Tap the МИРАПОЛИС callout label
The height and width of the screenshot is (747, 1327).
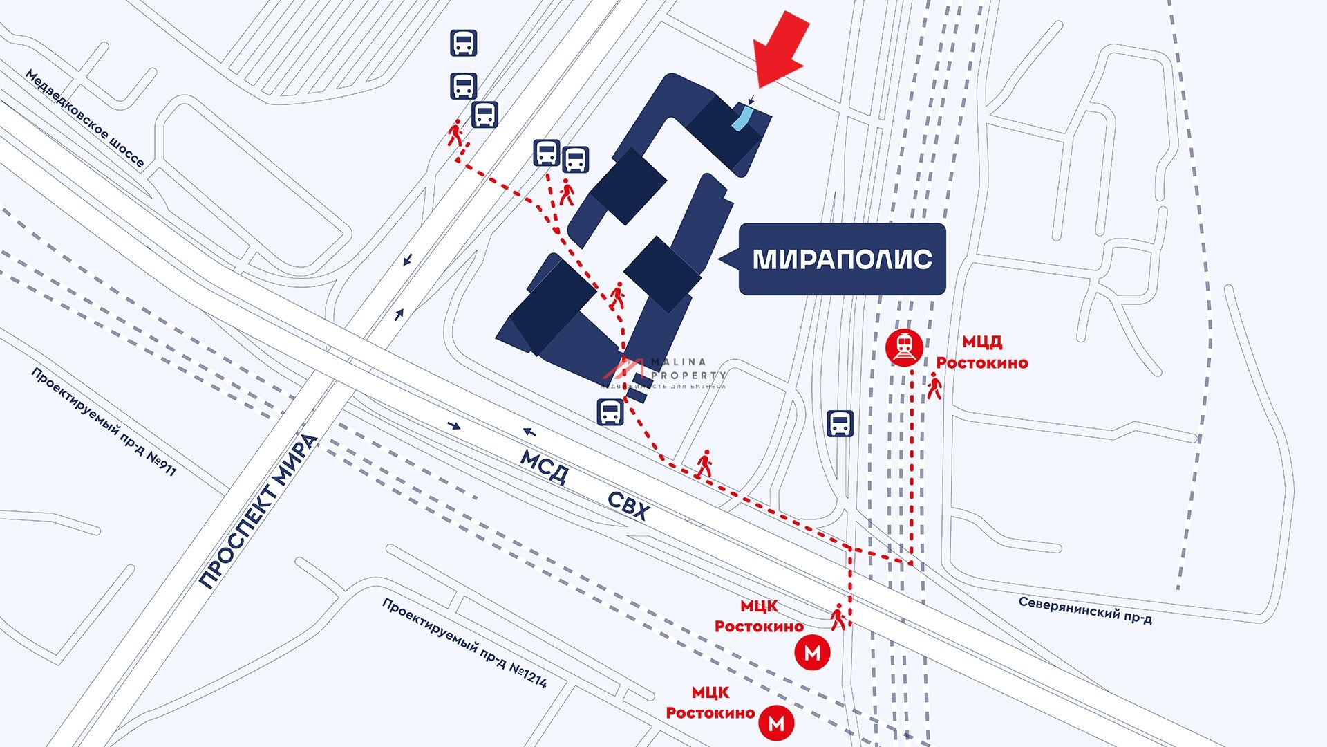pos(842,259)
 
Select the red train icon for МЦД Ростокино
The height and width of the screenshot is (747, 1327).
pos(904,347)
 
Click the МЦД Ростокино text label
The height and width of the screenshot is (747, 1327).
pos(982,352)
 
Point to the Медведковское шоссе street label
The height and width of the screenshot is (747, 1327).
pos(85,118)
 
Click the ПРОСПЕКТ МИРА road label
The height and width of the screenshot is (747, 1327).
pos(258,511)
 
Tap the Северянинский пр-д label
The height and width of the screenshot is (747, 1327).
pos(1084,609)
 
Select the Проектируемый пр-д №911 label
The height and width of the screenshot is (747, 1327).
pos(104,421)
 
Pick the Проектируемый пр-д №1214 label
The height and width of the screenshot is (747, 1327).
pos(464,643)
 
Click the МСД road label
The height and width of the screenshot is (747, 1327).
pos(545,468)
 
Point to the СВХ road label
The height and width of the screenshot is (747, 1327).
pos(629,507)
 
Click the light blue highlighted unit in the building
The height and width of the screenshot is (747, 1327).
pos(743,117)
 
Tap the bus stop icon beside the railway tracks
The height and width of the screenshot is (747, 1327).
pos(840,423)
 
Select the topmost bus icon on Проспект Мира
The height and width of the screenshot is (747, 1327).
pos(463,43)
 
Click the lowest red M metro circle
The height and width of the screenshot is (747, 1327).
pos(776,723)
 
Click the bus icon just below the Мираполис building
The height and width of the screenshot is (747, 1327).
pos(610,412)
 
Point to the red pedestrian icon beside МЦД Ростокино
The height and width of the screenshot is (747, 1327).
pos(934,386)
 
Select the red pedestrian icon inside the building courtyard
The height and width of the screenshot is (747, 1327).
pos(617,296)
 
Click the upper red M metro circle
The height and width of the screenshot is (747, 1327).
pos(812,653)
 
